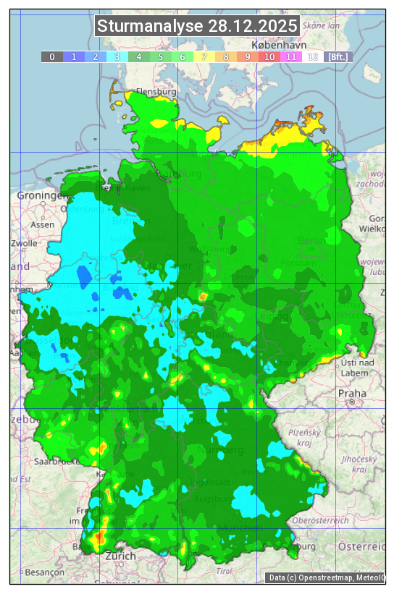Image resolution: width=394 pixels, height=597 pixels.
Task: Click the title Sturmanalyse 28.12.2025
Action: point(197,27)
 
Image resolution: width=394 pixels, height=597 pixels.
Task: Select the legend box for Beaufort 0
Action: point(52,56)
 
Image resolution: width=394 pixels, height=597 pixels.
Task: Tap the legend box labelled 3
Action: point(117,56)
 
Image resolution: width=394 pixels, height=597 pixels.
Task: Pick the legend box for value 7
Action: point(204,56)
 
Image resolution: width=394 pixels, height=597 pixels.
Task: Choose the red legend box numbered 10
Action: point(269,56)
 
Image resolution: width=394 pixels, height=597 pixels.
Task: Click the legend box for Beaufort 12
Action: point(313,56)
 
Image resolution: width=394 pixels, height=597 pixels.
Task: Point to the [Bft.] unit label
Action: point(338,56)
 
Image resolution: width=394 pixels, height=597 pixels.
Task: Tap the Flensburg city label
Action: point(156,93)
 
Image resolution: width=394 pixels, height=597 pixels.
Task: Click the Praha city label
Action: point(351,394)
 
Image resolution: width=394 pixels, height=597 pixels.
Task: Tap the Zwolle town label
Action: point(23,243)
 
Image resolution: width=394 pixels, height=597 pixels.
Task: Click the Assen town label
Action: point(43,224)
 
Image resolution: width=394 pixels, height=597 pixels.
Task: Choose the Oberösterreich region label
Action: point(321,520)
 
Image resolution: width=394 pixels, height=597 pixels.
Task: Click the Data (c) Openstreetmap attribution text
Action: point(326,577)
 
